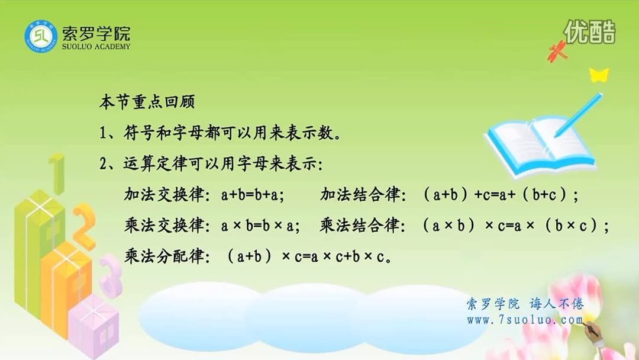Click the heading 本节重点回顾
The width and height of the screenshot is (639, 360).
point(146,101)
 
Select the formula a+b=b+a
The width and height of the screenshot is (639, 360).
point(253,195)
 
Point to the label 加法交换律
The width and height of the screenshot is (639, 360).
point(163,195)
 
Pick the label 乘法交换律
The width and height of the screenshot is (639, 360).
point(163,226)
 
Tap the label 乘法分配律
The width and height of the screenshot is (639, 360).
point(163,258)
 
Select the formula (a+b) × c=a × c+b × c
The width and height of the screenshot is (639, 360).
point(308,258)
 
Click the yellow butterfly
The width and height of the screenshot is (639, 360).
point(598,75)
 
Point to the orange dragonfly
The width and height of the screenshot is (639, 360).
point(558,53)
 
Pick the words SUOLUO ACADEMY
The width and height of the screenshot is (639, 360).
point(95,47)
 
